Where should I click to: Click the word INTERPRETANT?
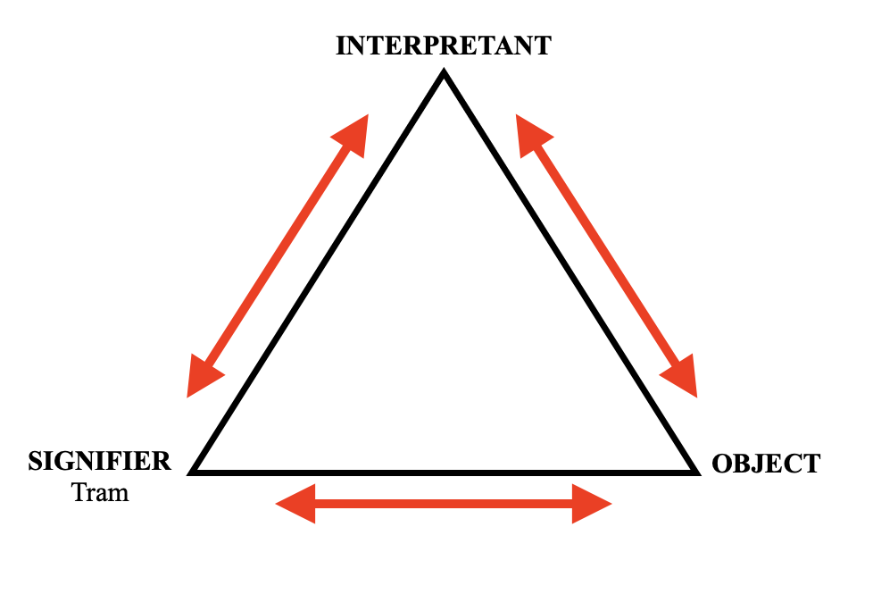(x=443, y=46)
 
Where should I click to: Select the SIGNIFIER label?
(x=99, y=462)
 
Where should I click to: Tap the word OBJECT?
(x=765, y=464)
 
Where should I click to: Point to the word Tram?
(x=100, y=491)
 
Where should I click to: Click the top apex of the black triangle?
(x=443, y=74)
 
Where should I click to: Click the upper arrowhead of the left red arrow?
(x=354, y=132)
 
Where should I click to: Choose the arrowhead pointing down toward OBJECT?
(x=683, y=377)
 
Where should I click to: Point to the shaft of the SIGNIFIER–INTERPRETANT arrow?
(x=279, y=255)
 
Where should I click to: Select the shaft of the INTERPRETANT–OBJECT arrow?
(x=607, y=255)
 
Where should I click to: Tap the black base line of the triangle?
(x=444, y=470)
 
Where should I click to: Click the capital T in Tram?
(x=78, y=491)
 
